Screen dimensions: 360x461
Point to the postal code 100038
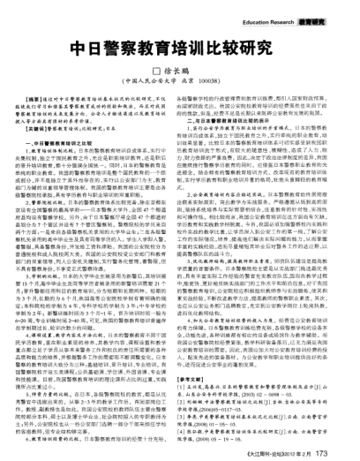point(220,81)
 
